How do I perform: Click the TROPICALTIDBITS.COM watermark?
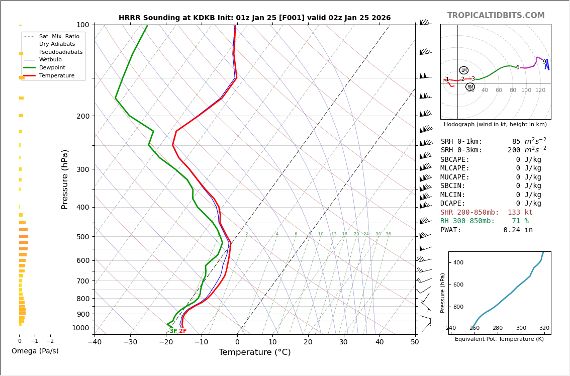click(496, 16)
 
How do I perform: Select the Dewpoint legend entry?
click(52, 67)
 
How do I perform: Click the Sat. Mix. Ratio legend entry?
click(59, 36)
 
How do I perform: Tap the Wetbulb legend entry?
click(50, 59)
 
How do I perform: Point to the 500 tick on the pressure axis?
click(82, 237)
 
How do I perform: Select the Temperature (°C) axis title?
click(254, 352)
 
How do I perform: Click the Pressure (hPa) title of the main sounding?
click(65, 179)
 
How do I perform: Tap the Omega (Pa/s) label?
click(35, 351)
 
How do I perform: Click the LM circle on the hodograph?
click(463, 70)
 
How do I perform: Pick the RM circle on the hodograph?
click(470, 87)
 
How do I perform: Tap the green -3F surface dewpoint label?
click(172, 331)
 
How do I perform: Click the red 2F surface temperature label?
click(183, 331)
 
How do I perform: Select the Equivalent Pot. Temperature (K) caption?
click(499, 339)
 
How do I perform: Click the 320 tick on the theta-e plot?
click(544, 328)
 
